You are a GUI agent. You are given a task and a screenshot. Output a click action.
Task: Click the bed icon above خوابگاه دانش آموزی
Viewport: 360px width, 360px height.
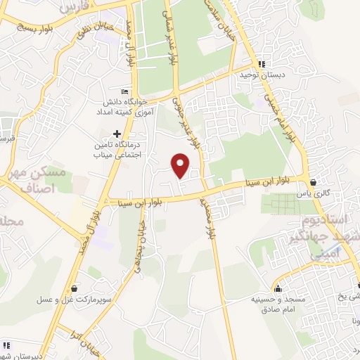[x=125, y=91]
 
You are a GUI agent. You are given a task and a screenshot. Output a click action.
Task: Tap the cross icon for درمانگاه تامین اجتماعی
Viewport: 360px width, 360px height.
[x=117, y=134]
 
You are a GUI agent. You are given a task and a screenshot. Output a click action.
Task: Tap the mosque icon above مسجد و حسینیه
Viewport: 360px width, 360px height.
[x=278, y=288]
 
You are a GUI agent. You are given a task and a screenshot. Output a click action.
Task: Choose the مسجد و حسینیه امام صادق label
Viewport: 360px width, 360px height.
[x=281, y=304]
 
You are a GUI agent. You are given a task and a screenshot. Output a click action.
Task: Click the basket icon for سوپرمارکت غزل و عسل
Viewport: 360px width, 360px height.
[x=75, y=288]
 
